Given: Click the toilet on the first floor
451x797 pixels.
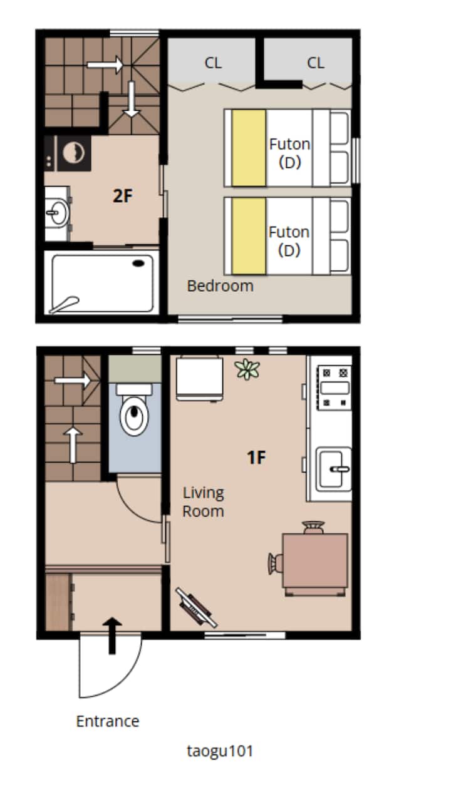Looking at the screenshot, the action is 134,409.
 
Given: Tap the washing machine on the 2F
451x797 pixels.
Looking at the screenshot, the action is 73,153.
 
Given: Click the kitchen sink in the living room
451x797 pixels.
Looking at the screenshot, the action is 334,469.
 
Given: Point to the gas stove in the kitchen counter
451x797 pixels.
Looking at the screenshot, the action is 334,388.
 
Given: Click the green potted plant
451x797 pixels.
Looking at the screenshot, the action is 248,369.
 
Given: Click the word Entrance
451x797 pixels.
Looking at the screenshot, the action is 108,721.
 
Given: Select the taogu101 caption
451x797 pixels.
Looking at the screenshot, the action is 220,751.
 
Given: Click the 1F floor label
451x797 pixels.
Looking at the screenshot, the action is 256,457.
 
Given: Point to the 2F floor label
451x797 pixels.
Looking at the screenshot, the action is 122,196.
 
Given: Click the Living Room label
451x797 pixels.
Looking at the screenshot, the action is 203,502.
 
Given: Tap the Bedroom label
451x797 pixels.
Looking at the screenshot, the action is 220,285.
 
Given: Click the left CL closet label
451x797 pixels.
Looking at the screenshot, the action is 213,63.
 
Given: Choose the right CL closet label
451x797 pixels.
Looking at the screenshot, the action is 315,63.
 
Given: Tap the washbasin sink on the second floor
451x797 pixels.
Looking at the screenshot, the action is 57,213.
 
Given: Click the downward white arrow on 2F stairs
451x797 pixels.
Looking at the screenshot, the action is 132,99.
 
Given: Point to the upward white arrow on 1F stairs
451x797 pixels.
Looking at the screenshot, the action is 73,445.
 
